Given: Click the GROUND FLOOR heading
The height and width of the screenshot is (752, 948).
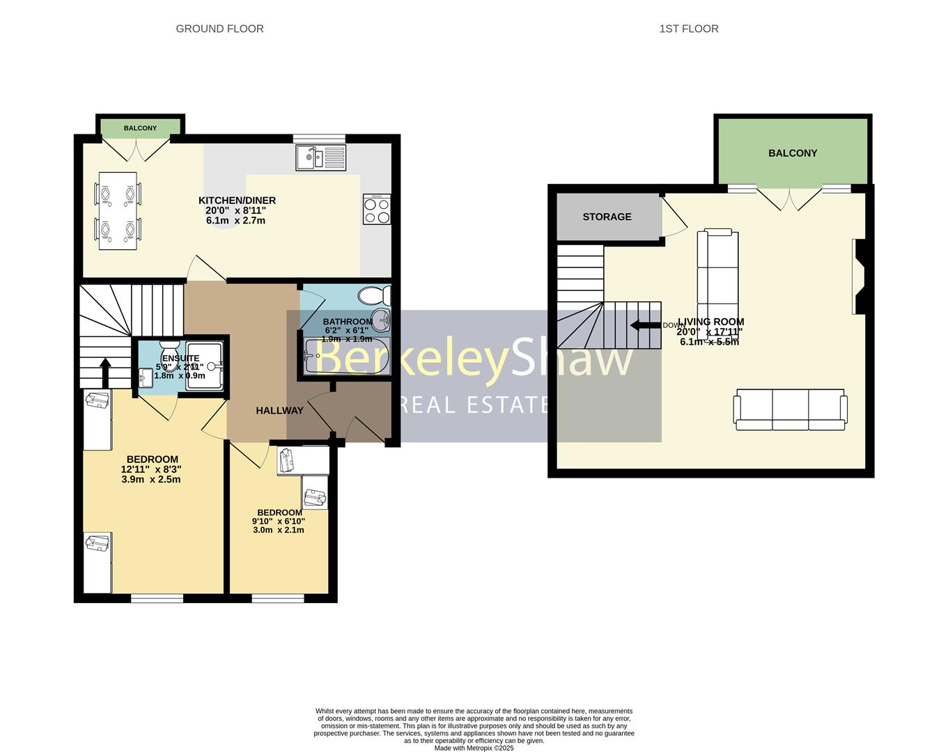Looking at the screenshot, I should click(x=219, y=29).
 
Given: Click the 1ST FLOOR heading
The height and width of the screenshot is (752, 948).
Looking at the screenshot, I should click(x=688, y=29).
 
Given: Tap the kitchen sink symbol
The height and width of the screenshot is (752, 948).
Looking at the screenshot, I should click(x=320, y=157).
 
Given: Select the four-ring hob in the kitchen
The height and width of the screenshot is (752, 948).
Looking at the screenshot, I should click(x=377, y=209).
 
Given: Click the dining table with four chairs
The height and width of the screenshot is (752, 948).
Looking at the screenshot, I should click(x=118, y=210).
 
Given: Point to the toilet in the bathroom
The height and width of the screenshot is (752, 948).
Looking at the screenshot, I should click(x=374, y=296).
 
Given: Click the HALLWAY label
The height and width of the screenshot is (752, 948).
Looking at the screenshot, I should click(x=279, y=411).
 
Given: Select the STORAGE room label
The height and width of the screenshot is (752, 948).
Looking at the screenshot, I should click(x=607, y=217).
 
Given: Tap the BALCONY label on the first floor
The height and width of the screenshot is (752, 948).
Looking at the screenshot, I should click(x=793, y=153).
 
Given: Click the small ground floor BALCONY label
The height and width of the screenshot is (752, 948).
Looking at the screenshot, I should click(x=141, y=128).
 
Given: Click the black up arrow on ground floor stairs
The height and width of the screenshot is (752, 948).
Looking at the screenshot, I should click(x=105, y=373).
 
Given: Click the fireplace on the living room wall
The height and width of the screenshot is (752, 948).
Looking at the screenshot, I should click(x=859, y=277).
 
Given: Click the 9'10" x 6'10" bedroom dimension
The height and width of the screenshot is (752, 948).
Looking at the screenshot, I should click(x=278, y=521).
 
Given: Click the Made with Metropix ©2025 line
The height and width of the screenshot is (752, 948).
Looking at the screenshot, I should click(x=474, y=749).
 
